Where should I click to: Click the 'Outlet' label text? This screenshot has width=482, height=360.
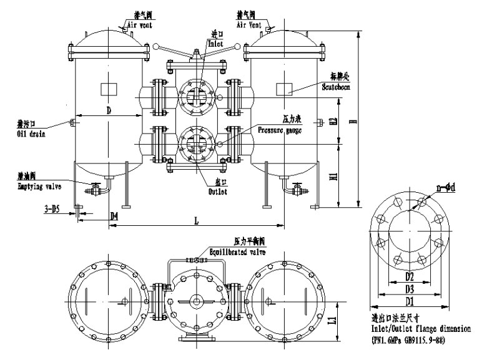pyautogui.click(x=217, y=192)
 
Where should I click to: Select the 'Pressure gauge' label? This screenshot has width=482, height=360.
pyautogui.click(x=280, y=131)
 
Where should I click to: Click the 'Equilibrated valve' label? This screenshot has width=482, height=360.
pyautogui.click(x=237, y=252)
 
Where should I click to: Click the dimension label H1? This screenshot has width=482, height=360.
pyautogui.click(x=334, y=177)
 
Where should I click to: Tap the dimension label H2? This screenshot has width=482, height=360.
pyautogui.click(x=334, y=122)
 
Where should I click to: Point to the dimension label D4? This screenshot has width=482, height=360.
pyautogui.click(x=114, y=215)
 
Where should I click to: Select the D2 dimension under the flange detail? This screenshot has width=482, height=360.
pyautogui.click(x=408, y=275)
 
